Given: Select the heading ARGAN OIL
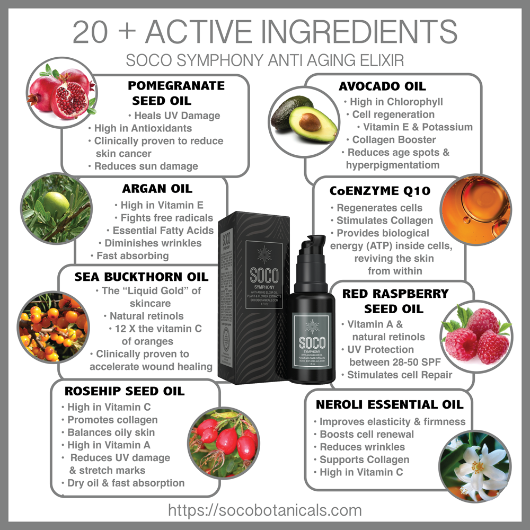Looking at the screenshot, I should [157, 189].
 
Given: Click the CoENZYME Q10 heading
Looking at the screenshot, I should [379, 191].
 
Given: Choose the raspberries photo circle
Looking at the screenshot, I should [476, 337].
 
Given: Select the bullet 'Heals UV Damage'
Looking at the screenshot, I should [174, 116].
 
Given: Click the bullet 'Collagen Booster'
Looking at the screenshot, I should [391, 140].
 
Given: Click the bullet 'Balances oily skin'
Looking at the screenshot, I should [111, 432].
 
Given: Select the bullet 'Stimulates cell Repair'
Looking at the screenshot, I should [400, 375].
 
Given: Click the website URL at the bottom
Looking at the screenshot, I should [264, 510].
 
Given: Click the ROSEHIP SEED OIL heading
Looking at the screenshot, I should [125, 392].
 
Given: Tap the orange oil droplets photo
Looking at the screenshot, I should [475, 209].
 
